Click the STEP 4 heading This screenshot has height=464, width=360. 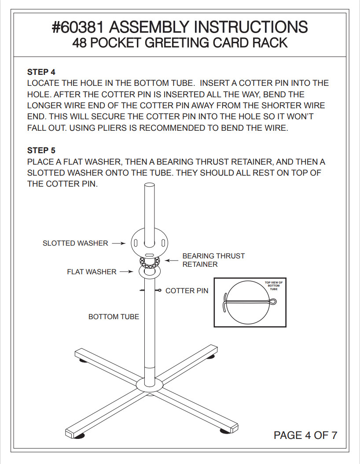point(41,72)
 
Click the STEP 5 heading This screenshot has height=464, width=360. point(41,150)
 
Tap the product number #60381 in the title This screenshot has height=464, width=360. point(78,27)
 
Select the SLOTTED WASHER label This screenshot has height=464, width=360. point(75,243)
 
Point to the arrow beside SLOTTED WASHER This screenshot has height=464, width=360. point(119,243)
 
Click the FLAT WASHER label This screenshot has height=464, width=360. point(92,272)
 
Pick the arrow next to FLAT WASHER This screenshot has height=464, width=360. point(126,272)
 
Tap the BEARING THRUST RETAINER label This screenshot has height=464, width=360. point(213,260)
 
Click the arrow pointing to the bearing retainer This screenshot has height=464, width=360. point(172,261)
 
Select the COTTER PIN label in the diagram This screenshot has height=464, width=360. point(187,291)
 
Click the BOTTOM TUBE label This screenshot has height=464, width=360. point(114,317)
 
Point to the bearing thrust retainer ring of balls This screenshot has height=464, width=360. point(150,262)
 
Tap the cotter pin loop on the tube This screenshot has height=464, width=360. point(159,290)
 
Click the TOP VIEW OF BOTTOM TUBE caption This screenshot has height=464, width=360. point(274,286)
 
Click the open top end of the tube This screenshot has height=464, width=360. point(149,185)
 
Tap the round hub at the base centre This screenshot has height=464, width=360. point(150,386)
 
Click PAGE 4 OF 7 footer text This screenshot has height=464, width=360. point(305,435)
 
